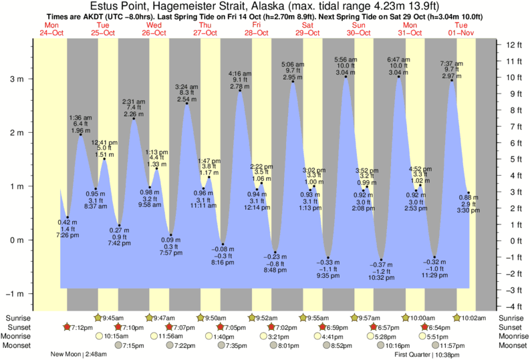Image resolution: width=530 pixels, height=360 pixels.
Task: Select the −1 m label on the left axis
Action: tap(15, 294)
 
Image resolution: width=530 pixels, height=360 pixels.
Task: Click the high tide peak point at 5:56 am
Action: tap(346, 77)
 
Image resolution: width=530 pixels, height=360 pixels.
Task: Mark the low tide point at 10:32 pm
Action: tap(381, 260)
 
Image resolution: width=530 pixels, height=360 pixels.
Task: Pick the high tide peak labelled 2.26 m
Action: tap(134, 119)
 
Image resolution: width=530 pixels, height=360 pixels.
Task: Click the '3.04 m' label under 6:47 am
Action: tap(399, 72)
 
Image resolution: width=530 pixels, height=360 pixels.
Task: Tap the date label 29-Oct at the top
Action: tap(307, 32)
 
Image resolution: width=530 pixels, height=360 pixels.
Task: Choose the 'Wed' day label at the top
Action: tap(154, 25)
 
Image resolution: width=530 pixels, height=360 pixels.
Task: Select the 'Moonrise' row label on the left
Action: tap(19, 336)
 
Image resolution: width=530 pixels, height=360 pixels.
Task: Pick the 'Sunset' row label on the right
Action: tap(511, 327)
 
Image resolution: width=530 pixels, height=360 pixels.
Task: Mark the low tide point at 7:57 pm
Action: tap(170, 234)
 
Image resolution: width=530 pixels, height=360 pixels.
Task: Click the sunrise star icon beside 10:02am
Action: tap(458, 318)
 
